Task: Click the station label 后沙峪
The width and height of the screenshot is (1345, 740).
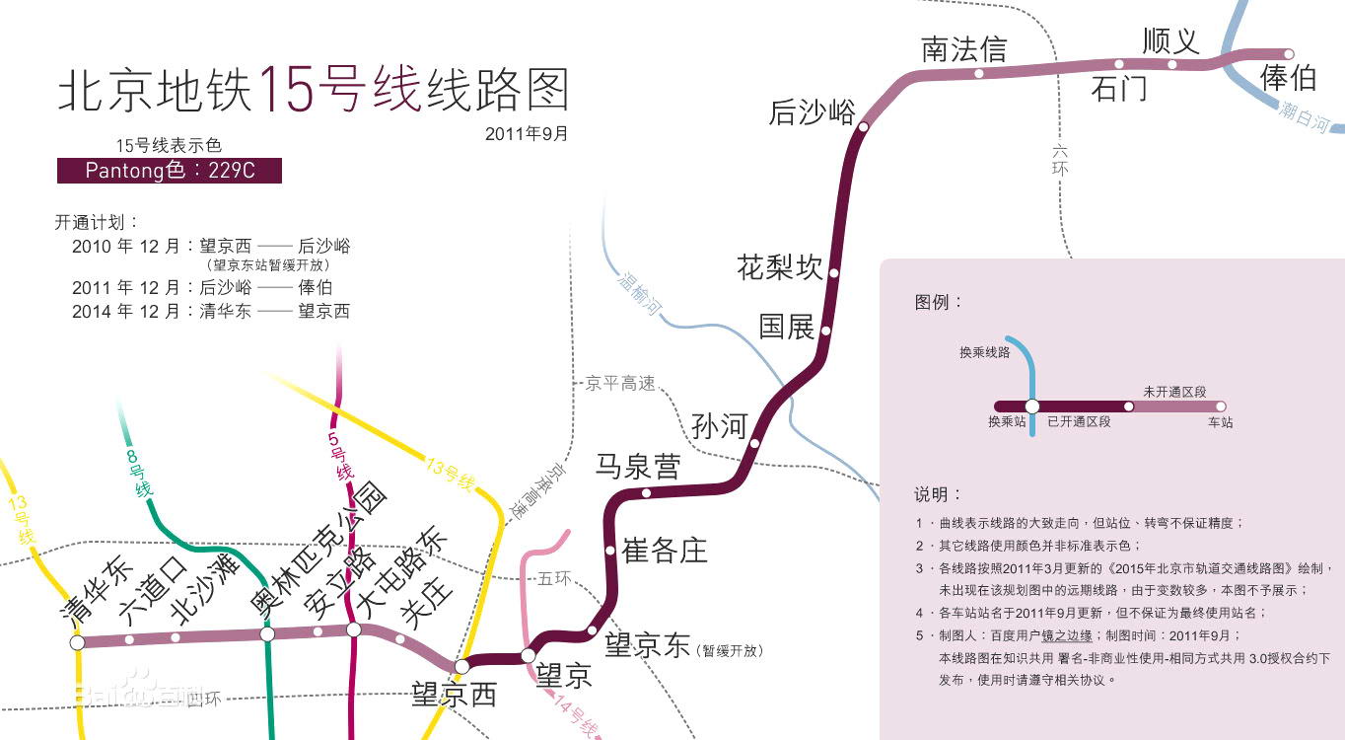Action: pos(812,112)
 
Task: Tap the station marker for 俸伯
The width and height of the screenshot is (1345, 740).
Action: pos(1288,54)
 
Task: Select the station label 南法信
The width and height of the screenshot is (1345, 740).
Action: pos(963,49)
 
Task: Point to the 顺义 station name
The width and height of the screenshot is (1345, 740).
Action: pos(1170,40)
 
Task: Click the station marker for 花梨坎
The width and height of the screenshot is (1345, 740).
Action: pos(834,272)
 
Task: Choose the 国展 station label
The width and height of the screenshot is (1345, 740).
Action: pos(787,327)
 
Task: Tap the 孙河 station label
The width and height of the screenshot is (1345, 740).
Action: pos(719,426)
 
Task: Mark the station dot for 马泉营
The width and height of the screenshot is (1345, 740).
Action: pos(646,493)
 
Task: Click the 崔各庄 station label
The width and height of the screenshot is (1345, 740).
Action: pos(665,551)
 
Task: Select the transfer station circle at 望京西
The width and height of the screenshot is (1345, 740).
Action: pos(461,666)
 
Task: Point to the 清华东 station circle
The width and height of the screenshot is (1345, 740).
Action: pos(77,642)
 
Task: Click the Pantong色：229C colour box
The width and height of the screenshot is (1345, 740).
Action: pos(170,171)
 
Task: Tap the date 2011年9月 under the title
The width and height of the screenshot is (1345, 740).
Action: pos(527,133)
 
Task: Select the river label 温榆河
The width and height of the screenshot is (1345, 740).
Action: pos(638,293)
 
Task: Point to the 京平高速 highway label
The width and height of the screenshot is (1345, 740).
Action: pos(620,384)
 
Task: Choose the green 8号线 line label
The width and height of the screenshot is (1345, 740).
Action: pos(138,473)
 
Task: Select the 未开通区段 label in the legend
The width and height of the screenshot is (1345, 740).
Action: pos(1174,392)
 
